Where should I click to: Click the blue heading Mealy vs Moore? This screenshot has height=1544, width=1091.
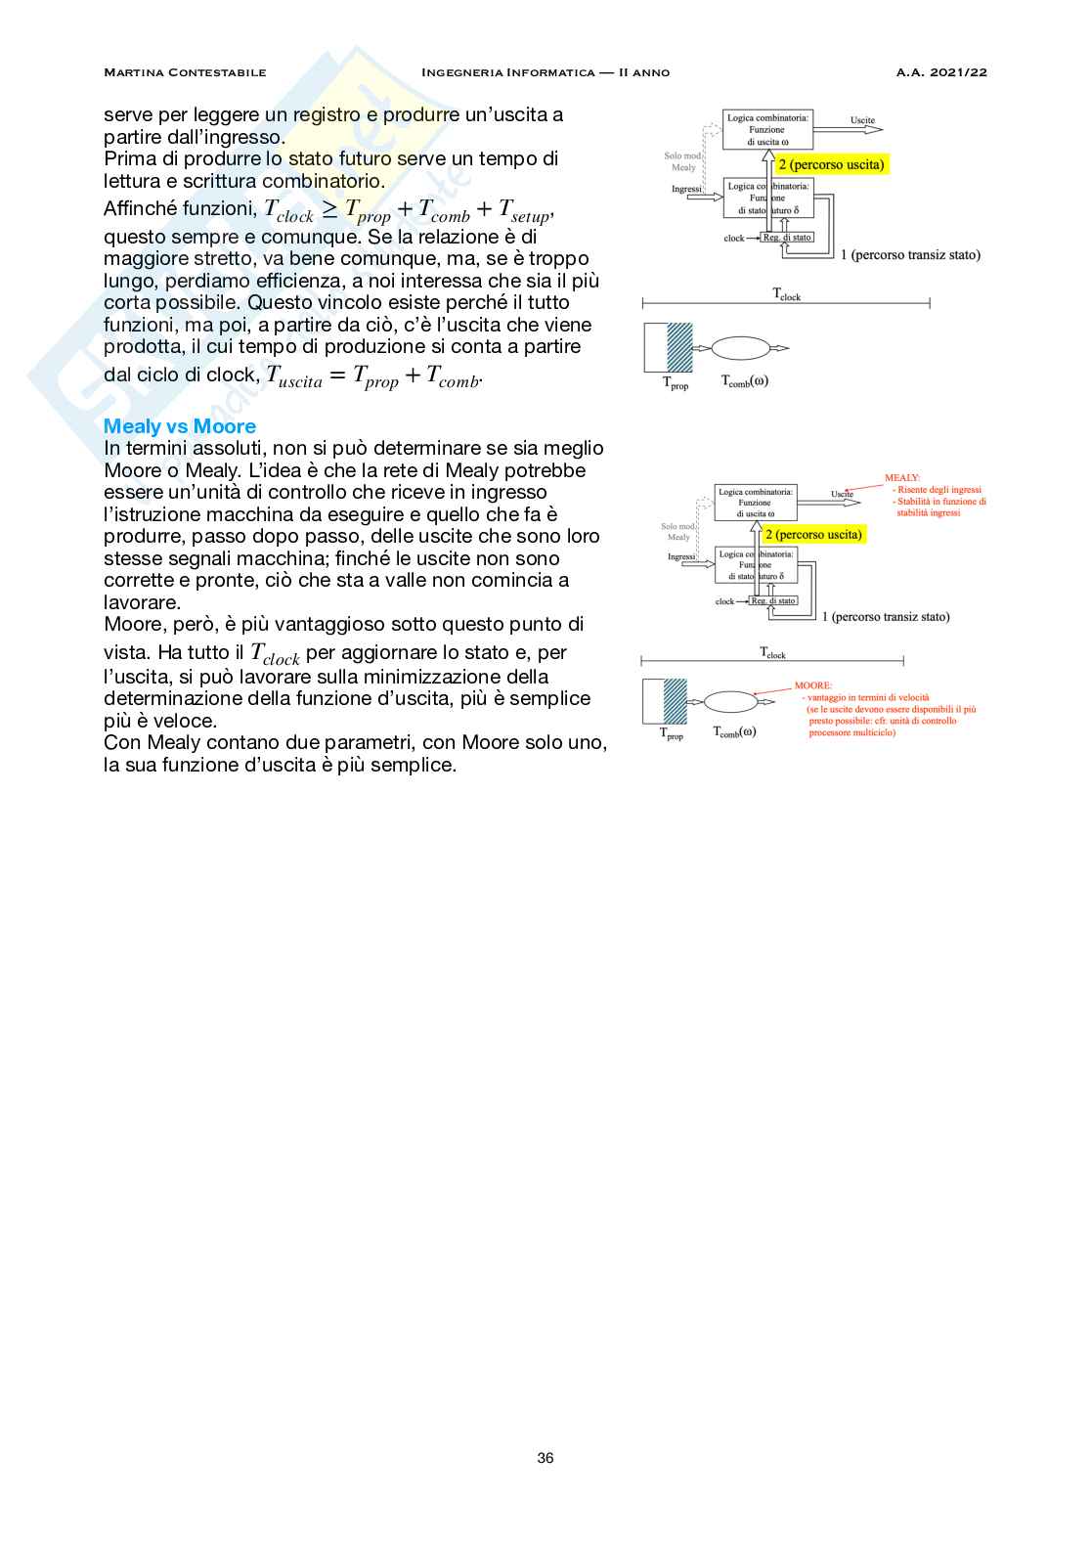180,426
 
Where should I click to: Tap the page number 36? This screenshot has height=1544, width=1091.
545,1458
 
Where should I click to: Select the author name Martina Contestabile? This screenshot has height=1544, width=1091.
185,72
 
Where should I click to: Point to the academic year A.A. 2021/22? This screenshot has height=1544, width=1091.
941,72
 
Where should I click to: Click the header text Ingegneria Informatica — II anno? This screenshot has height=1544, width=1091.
545,72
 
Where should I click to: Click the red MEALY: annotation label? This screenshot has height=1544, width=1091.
901,478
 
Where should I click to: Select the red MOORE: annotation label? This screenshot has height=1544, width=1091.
813,685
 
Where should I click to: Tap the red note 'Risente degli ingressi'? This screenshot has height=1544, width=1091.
938,490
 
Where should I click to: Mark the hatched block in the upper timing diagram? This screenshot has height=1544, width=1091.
679,347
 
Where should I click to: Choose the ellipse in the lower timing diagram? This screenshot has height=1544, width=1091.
730,701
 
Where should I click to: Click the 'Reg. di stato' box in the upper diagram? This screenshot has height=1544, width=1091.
787,238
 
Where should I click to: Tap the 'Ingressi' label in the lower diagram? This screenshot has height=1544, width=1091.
681,557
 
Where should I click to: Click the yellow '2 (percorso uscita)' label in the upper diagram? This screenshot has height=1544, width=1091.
831,165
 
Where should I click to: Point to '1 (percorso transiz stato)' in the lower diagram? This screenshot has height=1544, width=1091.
886,617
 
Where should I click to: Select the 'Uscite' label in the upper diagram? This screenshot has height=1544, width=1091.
862,120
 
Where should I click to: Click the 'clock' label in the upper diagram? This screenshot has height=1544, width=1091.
733,239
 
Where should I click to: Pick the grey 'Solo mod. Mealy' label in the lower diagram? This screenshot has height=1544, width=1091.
678,532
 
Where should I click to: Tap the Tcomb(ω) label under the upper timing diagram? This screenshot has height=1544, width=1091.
745,381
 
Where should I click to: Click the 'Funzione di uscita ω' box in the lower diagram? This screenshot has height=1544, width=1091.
755,503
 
